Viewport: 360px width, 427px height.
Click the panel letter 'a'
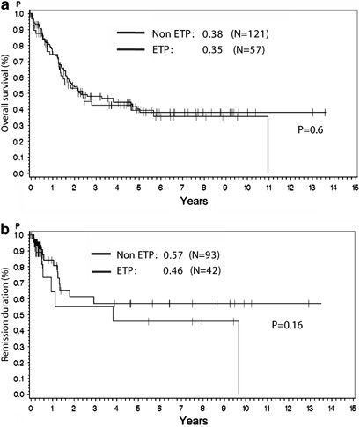6,8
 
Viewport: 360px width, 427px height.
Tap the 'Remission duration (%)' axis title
8,313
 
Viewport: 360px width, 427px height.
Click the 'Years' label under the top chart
193,202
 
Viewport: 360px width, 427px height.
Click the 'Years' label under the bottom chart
193,421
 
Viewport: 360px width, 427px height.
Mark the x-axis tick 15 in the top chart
354,187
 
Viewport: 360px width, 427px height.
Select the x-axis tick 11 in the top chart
268,187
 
